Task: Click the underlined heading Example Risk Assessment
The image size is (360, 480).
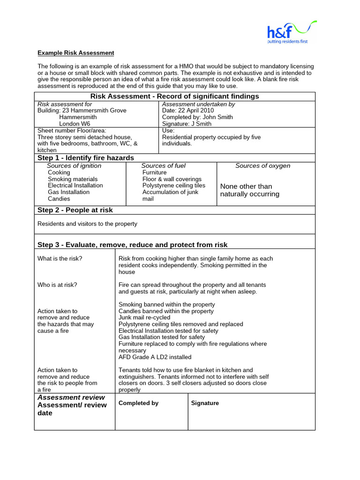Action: click(x=75, y=53)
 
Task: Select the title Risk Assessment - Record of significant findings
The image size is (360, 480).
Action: click(x=174, y=96)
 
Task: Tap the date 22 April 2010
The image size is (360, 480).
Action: click(x=192, y=111)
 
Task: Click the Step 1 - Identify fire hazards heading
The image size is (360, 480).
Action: click(x=86, y=157)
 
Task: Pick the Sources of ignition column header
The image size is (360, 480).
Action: click(x=74, y=165)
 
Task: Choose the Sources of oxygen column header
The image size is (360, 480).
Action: click(x=262, y=165)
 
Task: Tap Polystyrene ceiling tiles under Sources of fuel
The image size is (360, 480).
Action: click(x=174, y=186)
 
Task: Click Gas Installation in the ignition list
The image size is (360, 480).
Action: click(x=68, y=192)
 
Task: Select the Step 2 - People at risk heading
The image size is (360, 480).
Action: click(x=75, y=210)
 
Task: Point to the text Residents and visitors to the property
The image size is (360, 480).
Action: click(x=87, y=224)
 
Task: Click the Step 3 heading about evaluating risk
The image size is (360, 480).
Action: click(x=132, y=245)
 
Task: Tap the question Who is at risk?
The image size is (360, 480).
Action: click(x=57, y=285)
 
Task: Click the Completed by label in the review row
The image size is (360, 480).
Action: click(x=138, y=403)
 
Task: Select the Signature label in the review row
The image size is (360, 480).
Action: click(x=205, y=403)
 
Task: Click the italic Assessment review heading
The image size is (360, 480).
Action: click(x=71, y=397)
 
